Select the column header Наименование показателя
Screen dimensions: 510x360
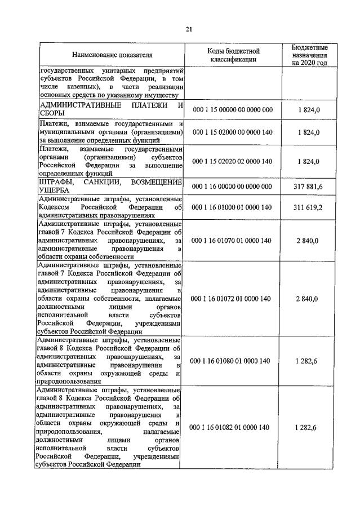(x=112, y=55)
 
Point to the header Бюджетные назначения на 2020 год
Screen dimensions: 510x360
(x=309, y=55)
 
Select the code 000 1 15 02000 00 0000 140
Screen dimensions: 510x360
(x=232, y=132)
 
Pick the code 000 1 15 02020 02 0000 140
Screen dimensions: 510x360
(x=232, y=161)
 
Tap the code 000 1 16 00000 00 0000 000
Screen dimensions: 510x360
(x=232, y=187)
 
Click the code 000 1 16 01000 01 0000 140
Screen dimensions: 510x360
(x=232, y=207)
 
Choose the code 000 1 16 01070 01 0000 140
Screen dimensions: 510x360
(x=232, y=241)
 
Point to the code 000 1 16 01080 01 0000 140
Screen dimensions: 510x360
(x=232, y=361)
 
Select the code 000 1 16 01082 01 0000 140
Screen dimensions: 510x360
(x=232, y=428)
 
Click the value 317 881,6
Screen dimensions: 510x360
(x=309, y=187)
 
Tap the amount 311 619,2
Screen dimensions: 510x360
(x=309, y=207)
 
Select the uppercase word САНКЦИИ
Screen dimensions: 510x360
(x=104, y=182)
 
